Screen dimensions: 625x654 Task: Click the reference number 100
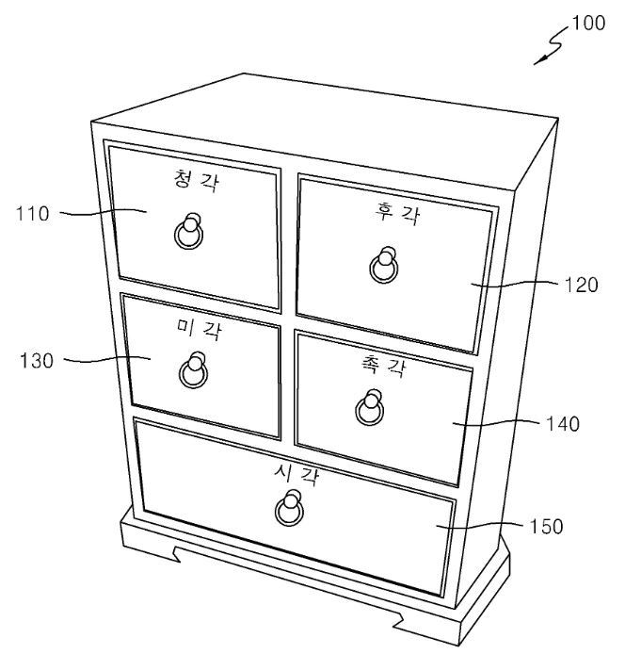pyautogui.click(x=588, y=23)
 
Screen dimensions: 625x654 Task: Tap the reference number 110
pyautogui.click(x=33, y=214)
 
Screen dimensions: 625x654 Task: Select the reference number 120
pyautogui.click(x=582, y=286)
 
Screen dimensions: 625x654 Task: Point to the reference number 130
pyautogui.click(x=37, y=361)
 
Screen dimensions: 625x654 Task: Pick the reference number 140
pyautogui.click(x=563, y=424)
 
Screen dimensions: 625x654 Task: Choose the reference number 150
pyautogui.click(x=546, y=527)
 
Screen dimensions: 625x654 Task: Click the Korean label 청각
pyautogui.click(x=196, y=181)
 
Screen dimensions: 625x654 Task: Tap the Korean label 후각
pyautogui.click(x=396, y=214)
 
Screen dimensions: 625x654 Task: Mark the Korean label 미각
pyautogui.click(x=199, y=330)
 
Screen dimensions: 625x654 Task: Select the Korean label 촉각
pyautogui.click(x=382, y=367)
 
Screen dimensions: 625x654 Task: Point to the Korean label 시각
pyautogui.click(x=296, y=474)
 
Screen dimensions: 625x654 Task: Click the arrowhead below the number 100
pyautogui.click(x=539, y=61)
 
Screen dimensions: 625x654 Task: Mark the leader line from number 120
pyautogui.click(x=514, y=284)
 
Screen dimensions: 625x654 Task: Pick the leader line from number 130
pyautogui.click(x=107, y=360)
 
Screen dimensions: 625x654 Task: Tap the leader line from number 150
pyautogui.click(x=479, y=525)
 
